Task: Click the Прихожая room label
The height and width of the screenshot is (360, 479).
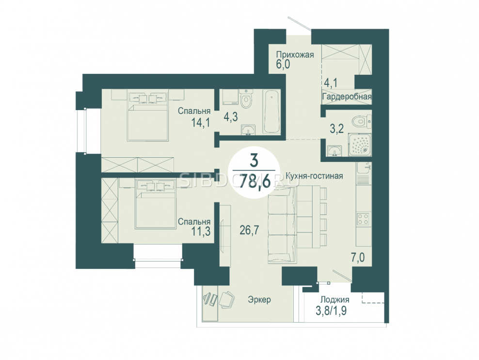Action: pos(295,55)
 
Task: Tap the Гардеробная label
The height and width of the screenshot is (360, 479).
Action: pos(347,97)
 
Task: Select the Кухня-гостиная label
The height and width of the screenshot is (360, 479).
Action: pos(314,176)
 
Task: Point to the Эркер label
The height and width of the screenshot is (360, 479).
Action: pos(259,299)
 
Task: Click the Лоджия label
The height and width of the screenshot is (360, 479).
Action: pos(335,299)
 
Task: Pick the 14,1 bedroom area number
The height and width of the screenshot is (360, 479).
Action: pos(200,122)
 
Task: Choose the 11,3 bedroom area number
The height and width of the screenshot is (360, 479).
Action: pos(201,232)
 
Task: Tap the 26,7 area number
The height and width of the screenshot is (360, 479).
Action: pos(249,230)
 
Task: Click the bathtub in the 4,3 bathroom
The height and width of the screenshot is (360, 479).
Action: pos(271,112)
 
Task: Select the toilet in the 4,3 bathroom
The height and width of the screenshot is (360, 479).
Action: pos(246,98)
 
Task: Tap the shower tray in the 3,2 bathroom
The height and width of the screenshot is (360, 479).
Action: pos(360,145)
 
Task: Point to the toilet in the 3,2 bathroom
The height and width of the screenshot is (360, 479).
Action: pos(361,122)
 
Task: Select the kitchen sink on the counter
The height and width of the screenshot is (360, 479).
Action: pos(364,167)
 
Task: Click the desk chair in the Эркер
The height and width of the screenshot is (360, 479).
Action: pos(227,299)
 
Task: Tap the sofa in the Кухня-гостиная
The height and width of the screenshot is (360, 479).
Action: pos(282,225)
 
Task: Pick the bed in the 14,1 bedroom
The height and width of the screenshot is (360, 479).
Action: pos(148,117)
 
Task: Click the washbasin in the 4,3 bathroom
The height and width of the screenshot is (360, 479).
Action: pos(248,130)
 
